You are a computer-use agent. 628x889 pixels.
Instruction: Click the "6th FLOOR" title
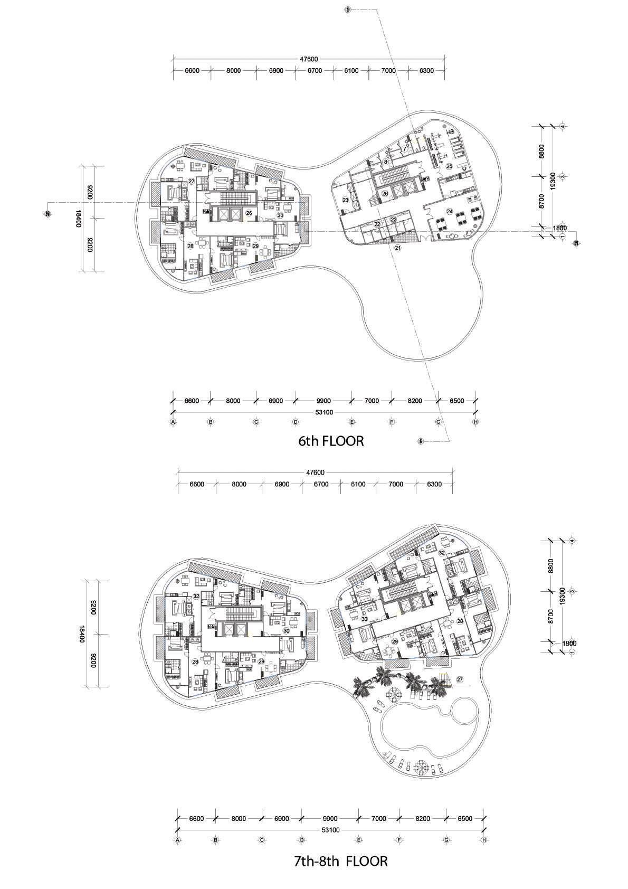331,441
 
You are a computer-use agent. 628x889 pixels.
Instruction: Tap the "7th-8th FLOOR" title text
340,862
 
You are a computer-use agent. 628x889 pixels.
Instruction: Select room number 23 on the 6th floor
345,200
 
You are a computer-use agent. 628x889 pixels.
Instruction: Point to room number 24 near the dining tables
450,211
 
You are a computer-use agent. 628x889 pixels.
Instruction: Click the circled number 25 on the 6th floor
449,166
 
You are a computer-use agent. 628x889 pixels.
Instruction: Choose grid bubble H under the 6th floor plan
475,422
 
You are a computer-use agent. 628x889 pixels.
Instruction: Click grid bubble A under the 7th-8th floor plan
178,840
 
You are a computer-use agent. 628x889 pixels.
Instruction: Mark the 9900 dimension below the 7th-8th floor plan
330,819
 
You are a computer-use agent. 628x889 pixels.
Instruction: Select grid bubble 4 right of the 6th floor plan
564,126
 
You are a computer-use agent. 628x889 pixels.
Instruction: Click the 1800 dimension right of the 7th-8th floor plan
569,644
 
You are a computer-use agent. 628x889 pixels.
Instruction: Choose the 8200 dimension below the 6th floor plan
415,401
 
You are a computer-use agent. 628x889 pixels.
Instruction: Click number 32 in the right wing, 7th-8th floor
441,552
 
